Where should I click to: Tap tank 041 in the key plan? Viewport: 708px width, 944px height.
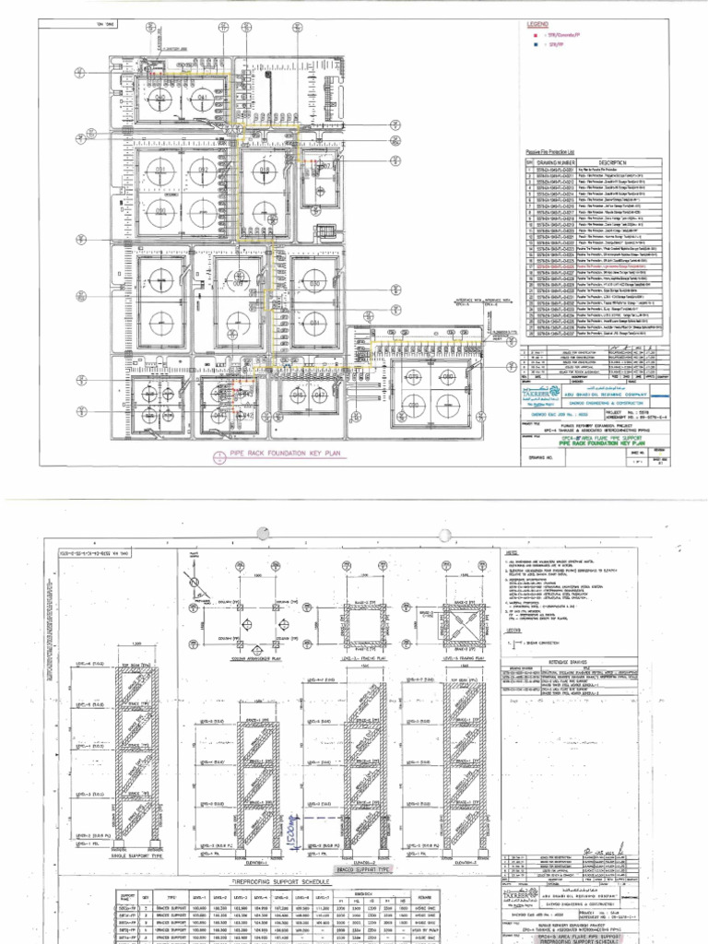[x=203, y=98]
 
